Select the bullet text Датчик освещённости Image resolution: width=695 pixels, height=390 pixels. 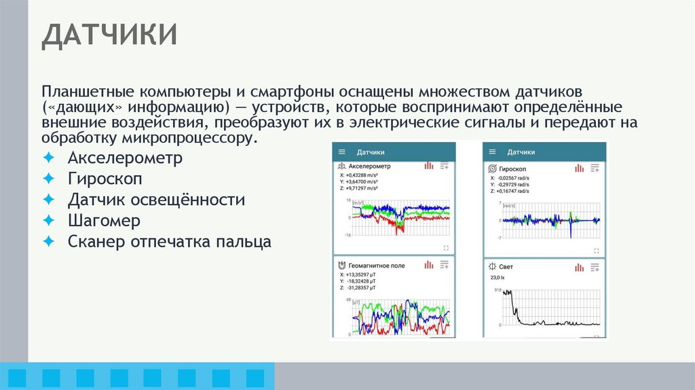155,200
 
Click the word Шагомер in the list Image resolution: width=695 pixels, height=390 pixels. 104,221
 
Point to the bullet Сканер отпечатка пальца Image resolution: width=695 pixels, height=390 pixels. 169,241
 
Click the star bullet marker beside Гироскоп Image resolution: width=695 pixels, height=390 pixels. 48,179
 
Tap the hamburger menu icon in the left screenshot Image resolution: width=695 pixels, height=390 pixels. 342,152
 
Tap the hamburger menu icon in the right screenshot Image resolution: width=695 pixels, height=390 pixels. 493,152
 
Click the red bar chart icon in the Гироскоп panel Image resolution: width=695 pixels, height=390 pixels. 579,168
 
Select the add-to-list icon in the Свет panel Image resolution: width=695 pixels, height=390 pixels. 595,267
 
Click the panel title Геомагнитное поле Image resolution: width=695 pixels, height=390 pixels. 376,265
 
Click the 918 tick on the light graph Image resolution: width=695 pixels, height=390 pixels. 497,291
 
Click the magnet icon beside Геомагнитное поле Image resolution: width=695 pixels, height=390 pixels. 341,265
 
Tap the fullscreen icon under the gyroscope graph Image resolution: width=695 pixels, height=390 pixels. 596,248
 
